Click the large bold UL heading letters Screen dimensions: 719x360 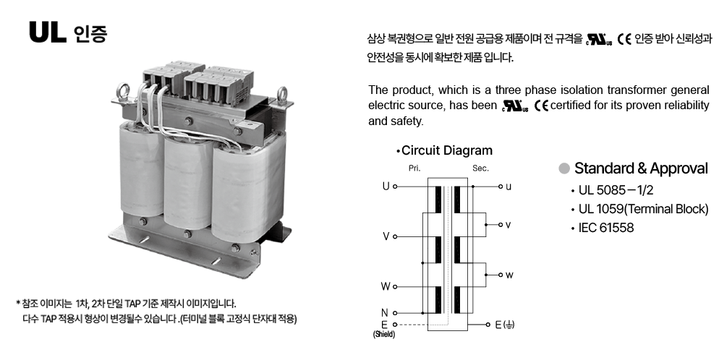point(48,33)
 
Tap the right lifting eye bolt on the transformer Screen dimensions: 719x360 point(282,95)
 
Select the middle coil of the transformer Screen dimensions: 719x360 point(188,183)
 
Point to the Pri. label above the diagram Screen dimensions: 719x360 point(414,168)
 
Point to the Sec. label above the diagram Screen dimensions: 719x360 point(480,168)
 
